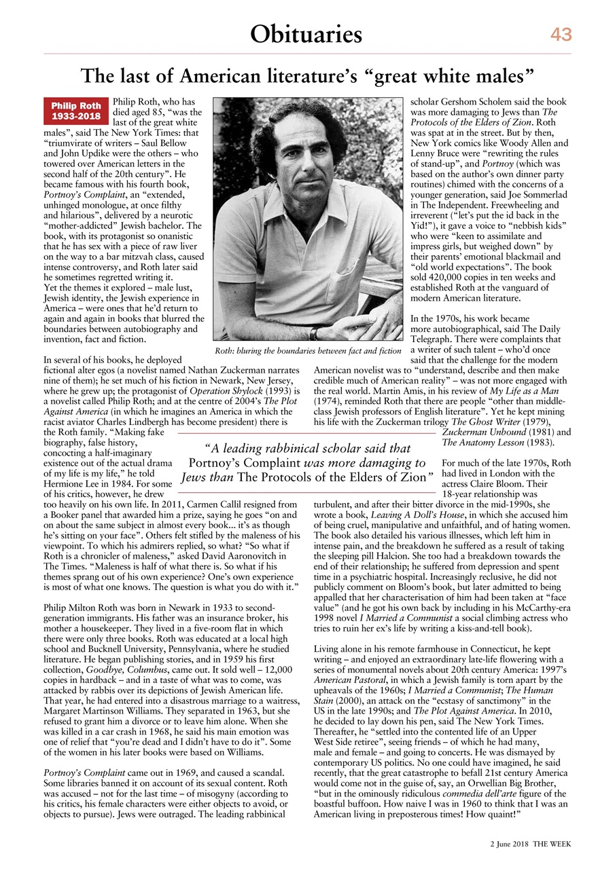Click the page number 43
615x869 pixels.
point(561,35)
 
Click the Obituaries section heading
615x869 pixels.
point(306,33)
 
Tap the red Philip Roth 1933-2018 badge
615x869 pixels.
point(77,111)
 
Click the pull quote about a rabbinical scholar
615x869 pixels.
point(307,462)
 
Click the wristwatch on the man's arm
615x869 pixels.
point(313,333)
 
